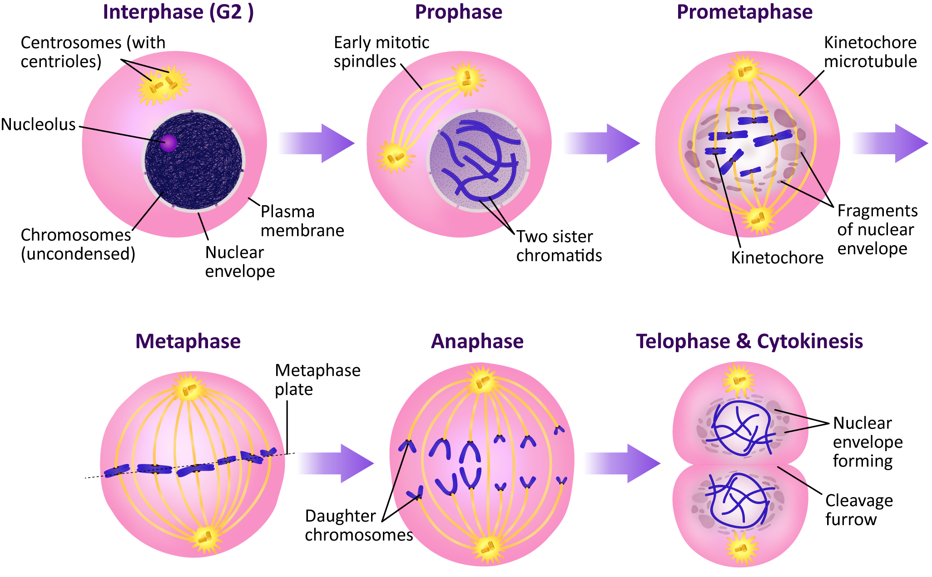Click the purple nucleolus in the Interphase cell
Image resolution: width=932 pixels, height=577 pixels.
(x=169, y=143)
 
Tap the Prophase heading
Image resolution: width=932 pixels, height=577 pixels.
(x=458, y=12)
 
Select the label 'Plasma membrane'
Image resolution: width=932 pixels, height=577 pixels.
(x=302, y=221)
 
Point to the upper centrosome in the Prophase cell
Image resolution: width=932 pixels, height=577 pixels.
(x=467, y=78)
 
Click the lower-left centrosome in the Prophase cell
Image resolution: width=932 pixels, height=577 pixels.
(x=394, y=157)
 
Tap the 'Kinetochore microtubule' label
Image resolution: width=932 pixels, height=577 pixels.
(x=870, y=52)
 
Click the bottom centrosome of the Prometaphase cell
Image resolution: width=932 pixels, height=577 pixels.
(x=757, y=220)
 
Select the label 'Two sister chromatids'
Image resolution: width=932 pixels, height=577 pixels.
(x=559, y=246)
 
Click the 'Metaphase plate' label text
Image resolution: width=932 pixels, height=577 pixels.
(x=317, y=380)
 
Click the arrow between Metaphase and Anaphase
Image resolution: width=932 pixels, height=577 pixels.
(x=336, y=463)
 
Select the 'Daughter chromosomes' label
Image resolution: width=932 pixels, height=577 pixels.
(x=358, y=525)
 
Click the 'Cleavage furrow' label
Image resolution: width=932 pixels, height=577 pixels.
(x=858, y=509)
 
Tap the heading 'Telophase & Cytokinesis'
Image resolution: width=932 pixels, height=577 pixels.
(x=749, y=341)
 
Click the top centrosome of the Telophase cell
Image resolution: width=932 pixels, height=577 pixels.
(x=738, y=380)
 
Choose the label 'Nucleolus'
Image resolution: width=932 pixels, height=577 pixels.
(x=39, y=124)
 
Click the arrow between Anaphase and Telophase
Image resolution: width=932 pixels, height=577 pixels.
(x=622, y=463)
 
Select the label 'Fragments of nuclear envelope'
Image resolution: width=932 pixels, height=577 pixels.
(x=877, y=230)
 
